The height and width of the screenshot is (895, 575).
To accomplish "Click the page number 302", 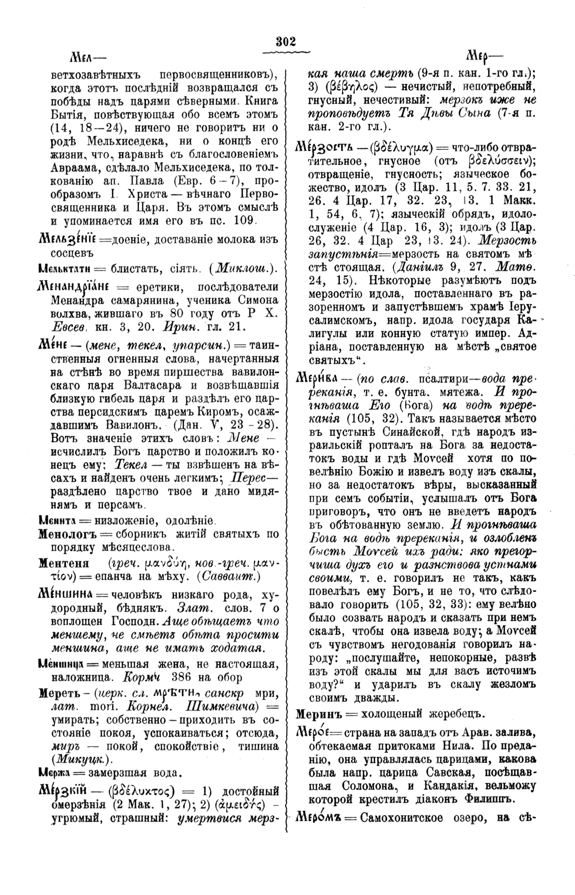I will click(x=287, y=42).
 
